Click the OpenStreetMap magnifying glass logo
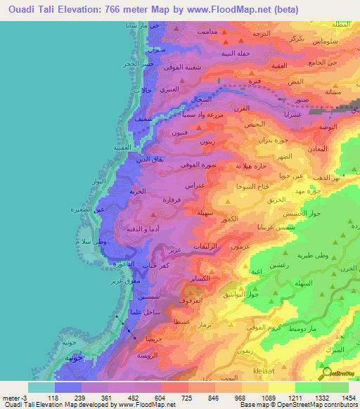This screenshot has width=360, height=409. tap(326, 373)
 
